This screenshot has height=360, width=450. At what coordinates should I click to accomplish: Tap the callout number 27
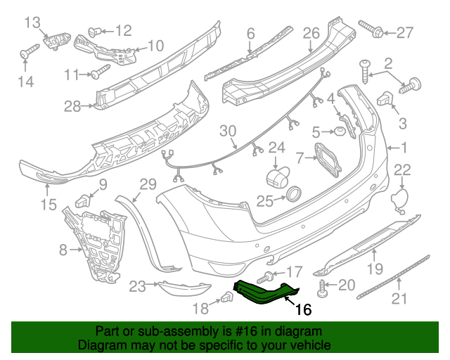click(406, 31)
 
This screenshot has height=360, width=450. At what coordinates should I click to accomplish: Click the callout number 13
click(33, 22)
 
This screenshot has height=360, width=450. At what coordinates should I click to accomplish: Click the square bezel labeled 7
click(324, 157)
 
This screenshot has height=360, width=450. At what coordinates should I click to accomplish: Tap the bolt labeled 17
click(269, 275)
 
